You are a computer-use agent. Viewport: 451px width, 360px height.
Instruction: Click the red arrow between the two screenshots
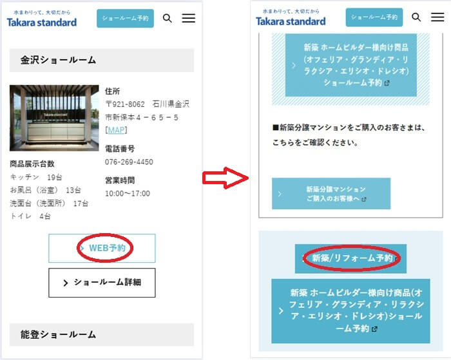point(225,178)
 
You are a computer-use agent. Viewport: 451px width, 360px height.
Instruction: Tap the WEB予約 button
point(102,248)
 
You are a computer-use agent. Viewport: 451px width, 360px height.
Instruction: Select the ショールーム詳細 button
point(102,283)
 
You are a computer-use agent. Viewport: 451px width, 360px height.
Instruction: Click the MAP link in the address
point(116,130)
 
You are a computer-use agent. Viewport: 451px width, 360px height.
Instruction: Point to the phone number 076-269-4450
point(129,162)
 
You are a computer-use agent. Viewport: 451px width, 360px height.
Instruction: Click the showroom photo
point(54,118)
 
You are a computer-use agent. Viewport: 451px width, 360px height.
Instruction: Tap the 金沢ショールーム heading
point(58,60)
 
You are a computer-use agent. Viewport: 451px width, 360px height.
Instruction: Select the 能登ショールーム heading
point(58,334)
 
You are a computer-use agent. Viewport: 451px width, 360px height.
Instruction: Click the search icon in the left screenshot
point(168,19)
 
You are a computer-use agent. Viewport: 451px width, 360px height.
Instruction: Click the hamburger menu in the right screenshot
point(437,17)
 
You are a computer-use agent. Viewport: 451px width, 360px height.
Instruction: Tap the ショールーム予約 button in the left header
point(125,19)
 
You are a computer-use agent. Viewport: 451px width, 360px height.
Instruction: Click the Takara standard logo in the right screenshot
point(291,18)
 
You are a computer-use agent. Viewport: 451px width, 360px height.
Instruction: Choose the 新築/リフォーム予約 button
point(350,258)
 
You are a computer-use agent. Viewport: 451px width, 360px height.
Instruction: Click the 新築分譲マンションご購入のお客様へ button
point(331,193)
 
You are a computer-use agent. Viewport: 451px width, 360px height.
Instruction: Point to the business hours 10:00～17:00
point(128,193)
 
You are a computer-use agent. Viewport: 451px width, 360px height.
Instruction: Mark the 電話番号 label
point(120,149)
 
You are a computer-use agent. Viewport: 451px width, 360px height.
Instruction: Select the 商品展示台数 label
point(32,164)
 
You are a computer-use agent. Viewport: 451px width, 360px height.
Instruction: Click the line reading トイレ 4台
point(30,216)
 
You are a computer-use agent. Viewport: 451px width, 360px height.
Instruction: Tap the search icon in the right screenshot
point(416,17)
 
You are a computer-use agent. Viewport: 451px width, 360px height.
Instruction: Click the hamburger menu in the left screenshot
point(189,18)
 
